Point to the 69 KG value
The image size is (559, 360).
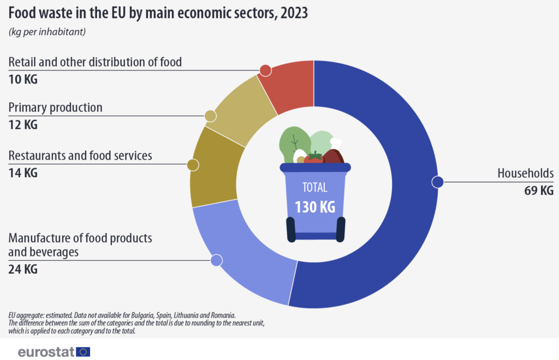click(539, 190)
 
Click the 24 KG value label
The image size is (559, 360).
click(23, 269)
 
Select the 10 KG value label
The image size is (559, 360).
click(23, 79)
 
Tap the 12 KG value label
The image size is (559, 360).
click(23, 125)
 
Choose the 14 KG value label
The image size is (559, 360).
click(23, 173)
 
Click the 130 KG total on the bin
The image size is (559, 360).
click(314, 208)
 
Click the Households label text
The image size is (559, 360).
click(525, 173)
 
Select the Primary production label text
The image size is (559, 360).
click(56, 107)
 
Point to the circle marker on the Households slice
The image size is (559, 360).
click(437, 182)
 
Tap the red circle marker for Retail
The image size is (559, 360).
click(265, 70)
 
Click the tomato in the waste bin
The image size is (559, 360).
click(313, 158)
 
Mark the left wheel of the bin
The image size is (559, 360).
click(291, 229)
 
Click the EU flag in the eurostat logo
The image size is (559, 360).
click(84, 352)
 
